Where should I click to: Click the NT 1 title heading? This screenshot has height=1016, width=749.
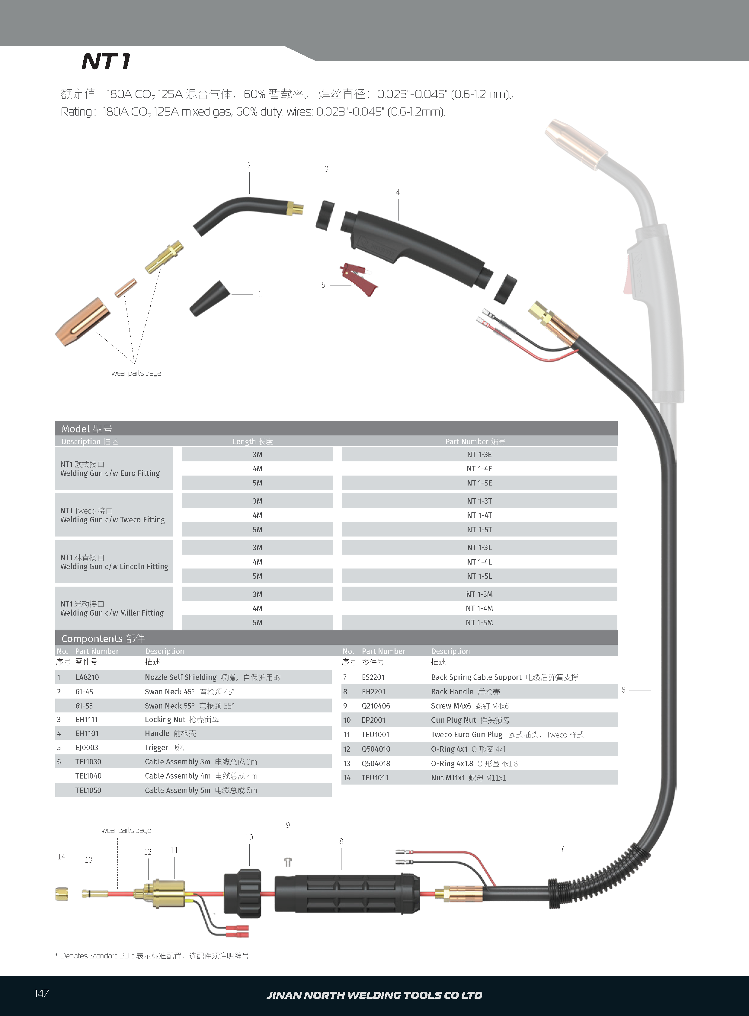(106, 62)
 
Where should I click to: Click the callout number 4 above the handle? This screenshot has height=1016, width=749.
(398, 192)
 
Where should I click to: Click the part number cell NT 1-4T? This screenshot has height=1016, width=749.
(479, 515)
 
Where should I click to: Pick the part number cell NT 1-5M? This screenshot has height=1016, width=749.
(479, 623)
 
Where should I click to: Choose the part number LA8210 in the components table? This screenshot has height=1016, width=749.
(87, 677)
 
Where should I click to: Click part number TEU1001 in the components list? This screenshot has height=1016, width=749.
(376, 734)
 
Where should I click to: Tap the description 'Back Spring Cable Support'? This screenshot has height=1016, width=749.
(476, 677)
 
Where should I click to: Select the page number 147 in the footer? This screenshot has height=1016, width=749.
(42, 993)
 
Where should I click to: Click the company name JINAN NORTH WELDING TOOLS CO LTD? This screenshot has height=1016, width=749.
(374, 995)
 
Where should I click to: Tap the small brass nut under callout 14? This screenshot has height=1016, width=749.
(62, 894)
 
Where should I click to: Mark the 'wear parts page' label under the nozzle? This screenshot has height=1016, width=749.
(136, 373)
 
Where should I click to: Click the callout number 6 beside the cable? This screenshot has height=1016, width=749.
(623, 690)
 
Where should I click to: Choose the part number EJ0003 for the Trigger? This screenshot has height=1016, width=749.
(87, 748)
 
